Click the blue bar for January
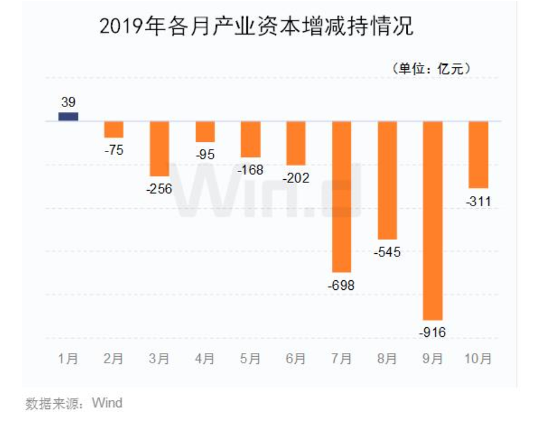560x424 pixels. (68, 117)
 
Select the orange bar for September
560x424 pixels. (433, 220)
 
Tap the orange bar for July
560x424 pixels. (341, 197)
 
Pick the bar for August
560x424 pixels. (387, 180)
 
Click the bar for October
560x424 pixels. (479, 155)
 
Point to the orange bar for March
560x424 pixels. (159, 149)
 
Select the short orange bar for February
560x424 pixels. (113, 129)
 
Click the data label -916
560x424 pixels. (433, 331)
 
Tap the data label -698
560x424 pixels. (341, 284)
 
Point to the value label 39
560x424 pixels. (68, 102)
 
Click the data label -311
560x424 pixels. (479, 201)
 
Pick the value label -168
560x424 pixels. (250, 170)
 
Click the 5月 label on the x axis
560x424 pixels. (250, 359)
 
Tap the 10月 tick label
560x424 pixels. (479, 359)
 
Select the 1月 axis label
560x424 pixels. (68, 359)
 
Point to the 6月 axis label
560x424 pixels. (296, 359)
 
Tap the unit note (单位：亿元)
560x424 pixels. (431, 69)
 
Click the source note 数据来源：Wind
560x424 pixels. (73, 403)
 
